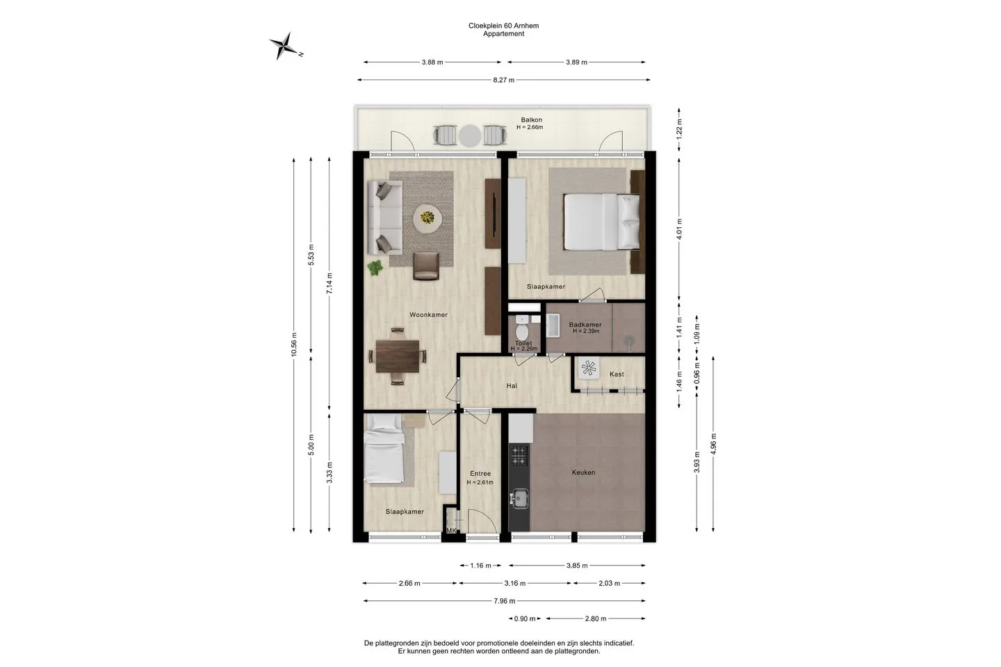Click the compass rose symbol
pos(284,46)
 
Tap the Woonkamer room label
pos(428,315)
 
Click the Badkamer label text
pos(585,324)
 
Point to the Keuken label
pos(583,472)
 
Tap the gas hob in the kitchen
pos(519,455)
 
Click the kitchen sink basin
pos(520,499)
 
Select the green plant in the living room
pos(375,267)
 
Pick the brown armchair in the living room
pos(426,266)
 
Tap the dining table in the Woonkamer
pos(398,356)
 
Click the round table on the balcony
pos(470,135)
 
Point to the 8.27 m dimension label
pos(503,80)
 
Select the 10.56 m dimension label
pos(293,345)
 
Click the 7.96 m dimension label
pos(504,601)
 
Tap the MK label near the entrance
pos(451,531)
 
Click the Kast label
pos(617,374)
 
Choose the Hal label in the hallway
pos(512,386)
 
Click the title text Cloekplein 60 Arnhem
pos(503,26)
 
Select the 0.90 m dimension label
pos(525,619)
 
